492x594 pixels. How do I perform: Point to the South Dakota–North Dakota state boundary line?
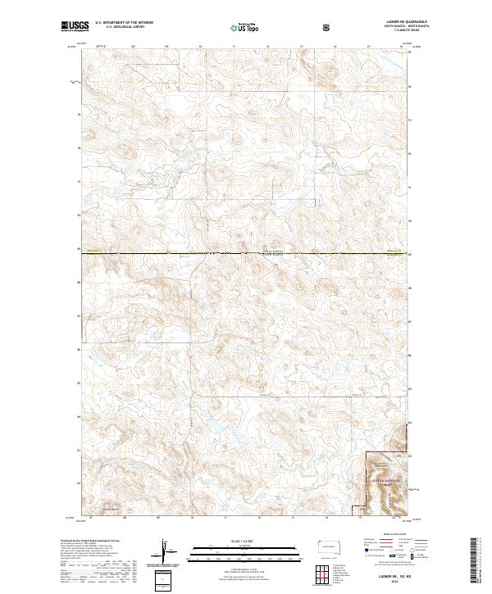click(246, 254)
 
